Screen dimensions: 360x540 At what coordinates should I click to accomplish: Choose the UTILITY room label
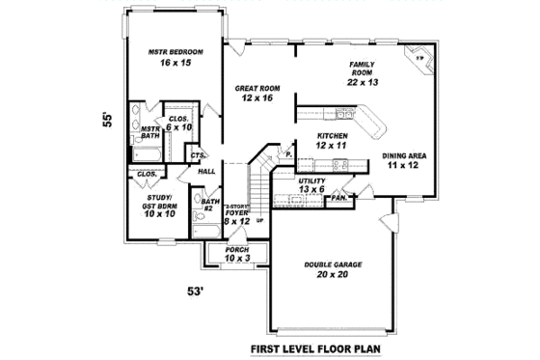point(311,180)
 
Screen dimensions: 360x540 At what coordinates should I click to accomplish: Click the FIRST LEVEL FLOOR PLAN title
point(317,347)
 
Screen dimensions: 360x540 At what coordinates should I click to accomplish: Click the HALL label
point(206,172)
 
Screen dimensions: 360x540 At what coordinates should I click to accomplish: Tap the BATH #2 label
point(207,205)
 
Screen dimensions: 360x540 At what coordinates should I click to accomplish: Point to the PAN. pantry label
point(338,198)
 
